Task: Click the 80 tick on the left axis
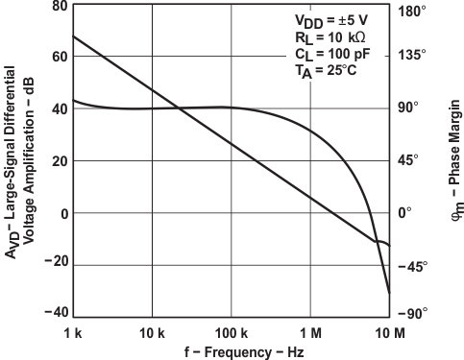pos(57,6)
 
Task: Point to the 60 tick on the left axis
pos(57,57)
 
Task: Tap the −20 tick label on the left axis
pos(53,264)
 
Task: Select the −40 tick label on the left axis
pos(53,314)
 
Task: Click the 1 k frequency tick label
pos(73,332)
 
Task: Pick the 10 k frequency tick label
pos(152,332)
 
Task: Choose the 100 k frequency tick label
pos(231,332)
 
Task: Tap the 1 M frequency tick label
pos(310,332)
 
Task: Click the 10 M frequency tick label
pos(389,332)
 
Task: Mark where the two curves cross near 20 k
pos(181,108)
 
